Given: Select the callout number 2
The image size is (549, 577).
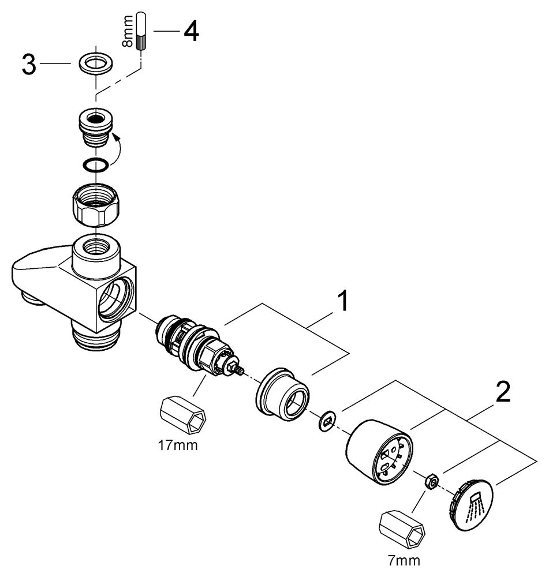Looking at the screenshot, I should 503,392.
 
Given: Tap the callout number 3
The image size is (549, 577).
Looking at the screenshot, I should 28,65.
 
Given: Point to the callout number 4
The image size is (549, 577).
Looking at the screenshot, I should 191,31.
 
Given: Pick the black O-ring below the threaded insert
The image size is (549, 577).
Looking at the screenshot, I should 94,165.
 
